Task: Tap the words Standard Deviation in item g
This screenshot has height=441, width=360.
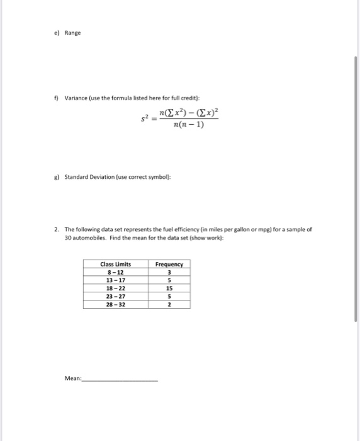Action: point(92,177)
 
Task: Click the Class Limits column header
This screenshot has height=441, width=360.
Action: point(115,264)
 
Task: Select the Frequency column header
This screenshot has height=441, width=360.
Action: point(169,264)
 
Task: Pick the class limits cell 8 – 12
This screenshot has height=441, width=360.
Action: point(115,272)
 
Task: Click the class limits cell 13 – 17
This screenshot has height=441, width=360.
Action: point(115,280)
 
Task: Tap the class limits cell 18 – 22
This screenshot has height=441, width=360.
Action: point(115,288)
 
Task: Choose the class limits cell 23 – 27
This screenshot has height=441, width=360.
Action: point(115,296)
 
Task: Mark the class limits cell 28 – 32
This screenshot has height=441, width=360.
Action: point(115,304)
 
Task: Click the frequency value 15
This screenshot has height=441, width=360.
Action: point(169,288)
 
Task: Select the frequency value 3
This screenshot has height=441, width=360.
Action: point(169,272)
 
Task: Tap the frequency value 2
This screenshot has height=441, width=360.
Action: point(169,304)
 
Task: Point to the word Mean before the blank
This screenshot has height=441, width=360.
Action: point(73,378)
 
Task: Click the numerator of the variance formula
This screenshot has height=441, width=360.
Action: point(188,112)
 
